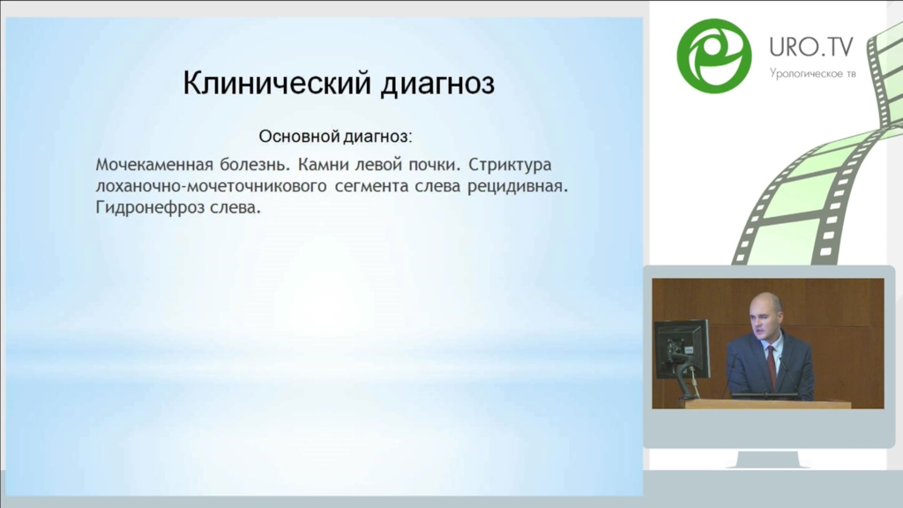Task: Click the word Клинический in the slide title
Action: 277,84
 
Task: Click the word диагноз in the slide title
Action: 437,85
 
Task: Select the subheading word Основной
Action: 300,137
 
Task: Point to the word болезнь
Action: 255,165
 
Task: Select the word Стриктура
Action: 510,165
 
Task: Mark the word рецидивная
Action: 518,187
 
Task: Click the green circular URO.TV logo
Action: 714,56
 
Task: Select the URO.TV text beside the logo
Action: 811,48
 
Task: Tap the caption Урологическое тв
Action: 812,74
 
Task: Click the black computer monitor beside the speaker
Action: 682,349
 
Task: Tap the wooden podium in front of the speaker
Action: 766,404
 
